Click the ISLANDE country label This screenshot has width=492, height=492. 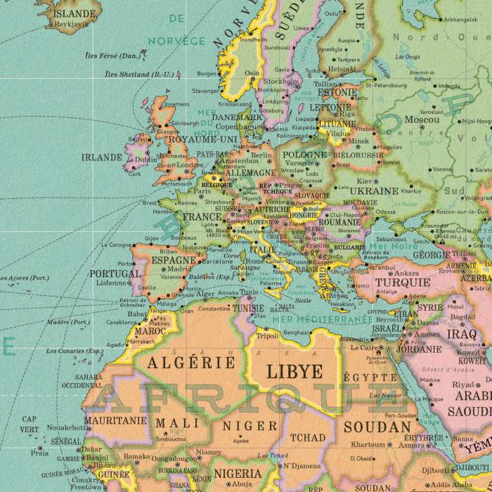point(75,13)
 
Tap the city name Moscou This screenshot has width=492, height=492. point(422,120)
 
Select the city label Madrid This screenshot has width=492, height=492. point(179,268)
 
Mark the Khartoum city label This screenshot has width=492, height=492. point(368,444)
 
